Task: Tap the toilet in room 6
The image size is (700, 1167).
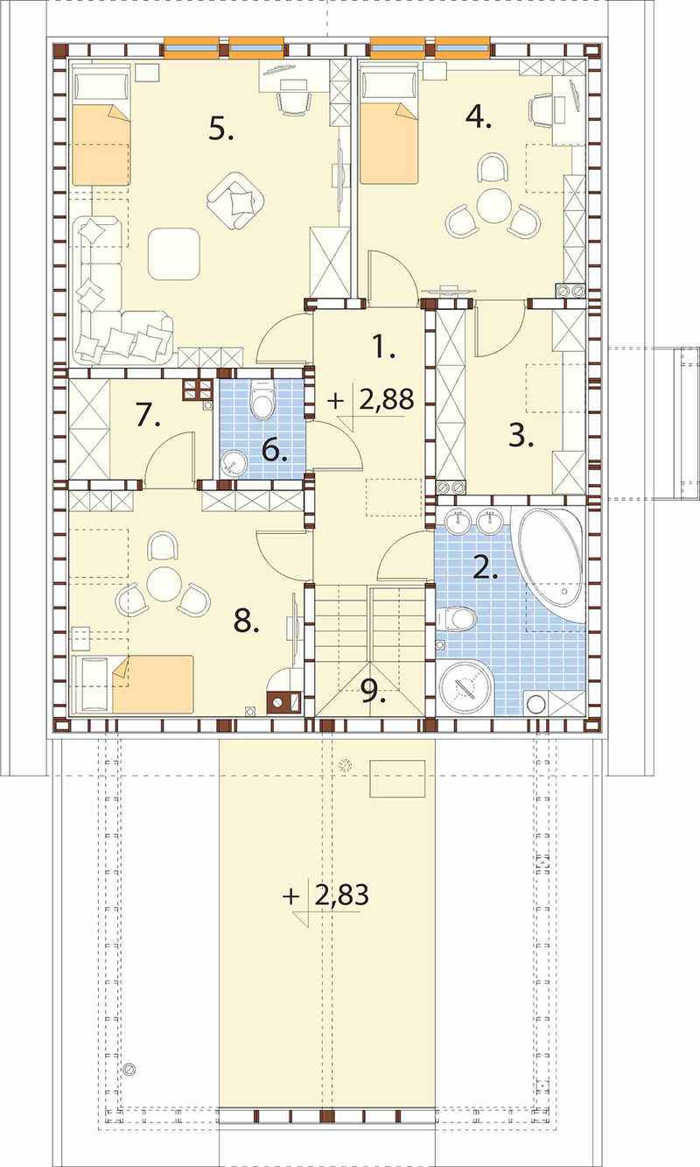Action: [262, 399]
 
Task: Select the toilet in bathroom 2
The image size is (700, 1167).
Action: [456, 619]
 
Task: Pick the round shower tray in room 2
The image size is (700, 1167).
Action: [465, 688]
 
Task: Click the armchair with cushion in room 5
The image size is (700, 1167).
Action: [236, 201]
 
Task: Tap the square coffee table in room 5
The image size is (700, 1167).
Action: [174, 254]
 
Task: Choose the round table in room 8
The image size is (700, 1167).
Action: [164, 583]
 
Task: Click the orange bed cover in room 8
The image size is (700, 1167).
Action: [153, 684]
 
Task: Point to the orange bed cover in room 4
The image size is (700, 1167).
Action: [389, 144]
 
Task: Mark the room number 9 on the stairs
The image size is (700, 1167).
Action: [373, 691]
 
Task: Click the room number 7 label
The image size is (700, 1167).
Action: [148, 416]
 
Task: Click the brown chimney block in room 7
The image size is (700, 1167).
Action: [198, 390]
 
